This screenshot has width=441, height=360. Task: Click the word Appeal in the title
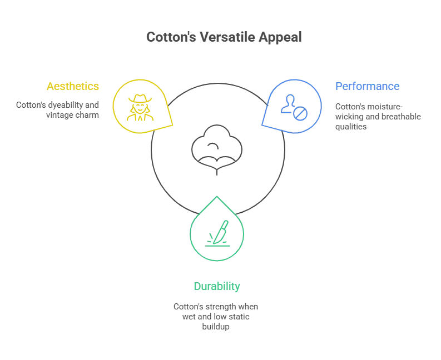(x=280, y=38)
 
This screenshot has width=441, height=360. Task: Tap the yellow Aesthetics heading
(x=73, y=86)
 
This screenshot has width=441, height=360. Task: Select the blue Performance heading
(x=367, y=86)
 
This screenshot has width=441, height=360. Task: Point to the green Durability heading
(x=217, y=286)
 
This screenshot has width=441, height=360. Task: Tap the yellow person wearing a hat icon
(x=140, y=108)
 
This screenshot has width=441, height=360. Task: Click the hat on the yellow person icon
(x=140, y=99)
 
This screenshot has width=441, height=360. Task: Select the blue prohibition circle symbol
(x=300, y=113)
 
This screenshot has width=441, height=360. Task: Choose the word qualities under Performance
(x=351, y=127)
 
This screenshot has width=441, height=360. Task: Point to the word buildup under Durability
(x=216, y=327)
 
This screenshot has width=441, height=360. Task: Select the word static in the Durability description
(x=239, y=317)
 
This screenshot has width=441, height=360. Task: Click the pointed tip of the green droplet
(x=217, y=197)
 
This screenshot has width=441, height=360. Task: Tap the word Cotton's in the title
(x=171, y=37)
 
